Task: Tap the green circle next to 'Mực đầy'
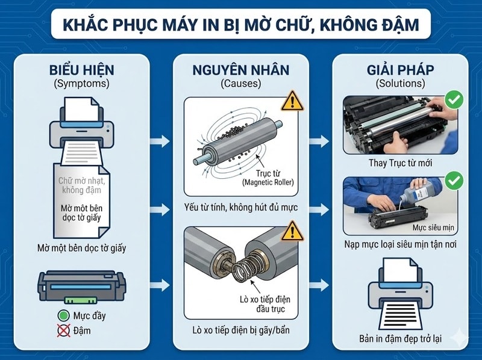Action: click(x=64, y=315)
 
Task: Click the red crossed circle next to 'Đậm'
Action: click(x=64, y=330)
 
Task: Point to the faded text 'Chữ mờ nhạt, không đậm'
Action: click(x=81, y=185)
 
